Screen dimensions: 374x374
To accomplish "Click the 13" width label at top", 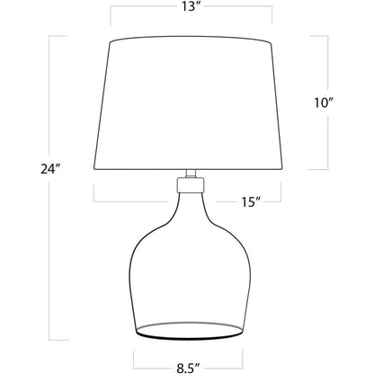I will [x=188, y=10].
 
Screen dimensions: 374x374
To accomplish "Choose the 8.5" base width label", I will [x=188, y=366].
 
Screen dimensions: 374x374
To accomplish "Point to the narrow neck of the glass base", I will [x=188, y=211].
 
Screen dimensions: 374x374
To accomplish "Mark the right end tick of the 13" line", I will [x=270, y=13].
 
